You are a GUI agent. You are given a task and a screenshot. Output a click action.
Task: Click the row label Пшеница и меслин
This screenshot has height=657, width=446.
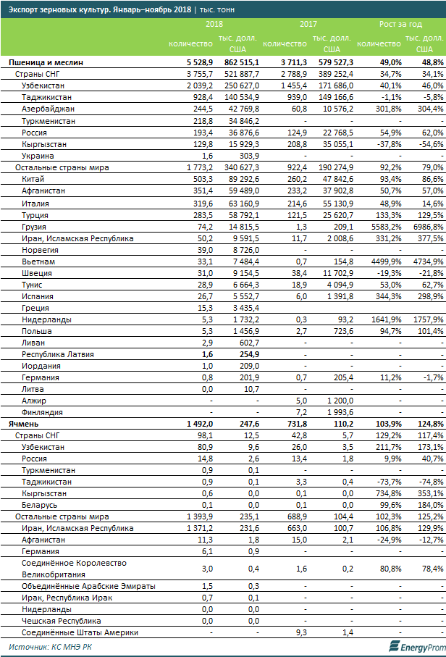tap(45, 63)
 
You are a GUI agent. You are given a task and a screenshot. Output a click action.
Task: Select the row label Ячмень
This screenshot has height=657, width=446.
tap(24, 423)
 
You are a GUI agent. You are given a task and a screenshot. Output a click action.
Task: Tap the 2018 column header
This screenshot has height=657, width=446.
tap(214, 24)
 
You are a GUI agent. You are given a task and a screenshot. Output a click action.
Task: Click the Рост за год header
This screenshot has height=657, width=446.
tap(400, 24)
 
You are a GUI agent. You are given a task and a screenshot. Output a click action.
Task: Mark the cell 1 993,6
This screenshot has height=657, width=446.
tap(334, 411)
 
